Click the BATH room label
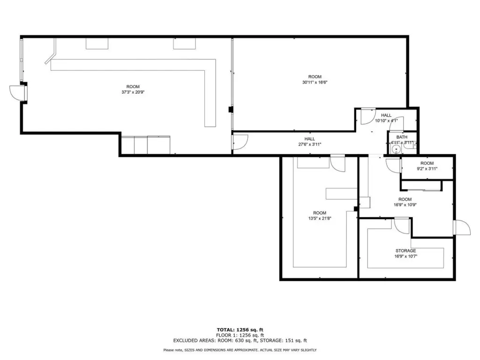[402, 137]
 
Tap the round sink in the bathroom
[397, 150]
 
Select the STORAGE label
[405, 251]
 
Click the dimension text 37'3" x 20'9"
[133, 92]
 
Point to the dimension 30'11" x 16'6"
[315, 82]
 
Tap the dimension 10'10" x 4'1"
[386, 120]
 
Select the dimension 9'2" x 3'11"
[427, 168]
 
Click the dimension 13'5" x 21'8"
[320, 218]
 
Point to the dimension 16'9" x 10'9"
[405, 205]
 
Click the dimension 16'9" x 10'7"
[405, 256]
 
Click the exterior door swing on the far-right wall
[463, 227]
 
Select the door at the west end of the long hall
[240, 142]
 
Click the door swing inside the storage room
[402, 226]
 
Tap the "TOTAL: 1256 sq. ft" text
[240, 330]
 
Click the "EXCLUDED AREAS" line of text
[240, 340]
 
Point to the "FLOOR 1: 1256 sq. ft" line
[240, 335]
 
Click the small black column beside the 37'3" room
[231, 110]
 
